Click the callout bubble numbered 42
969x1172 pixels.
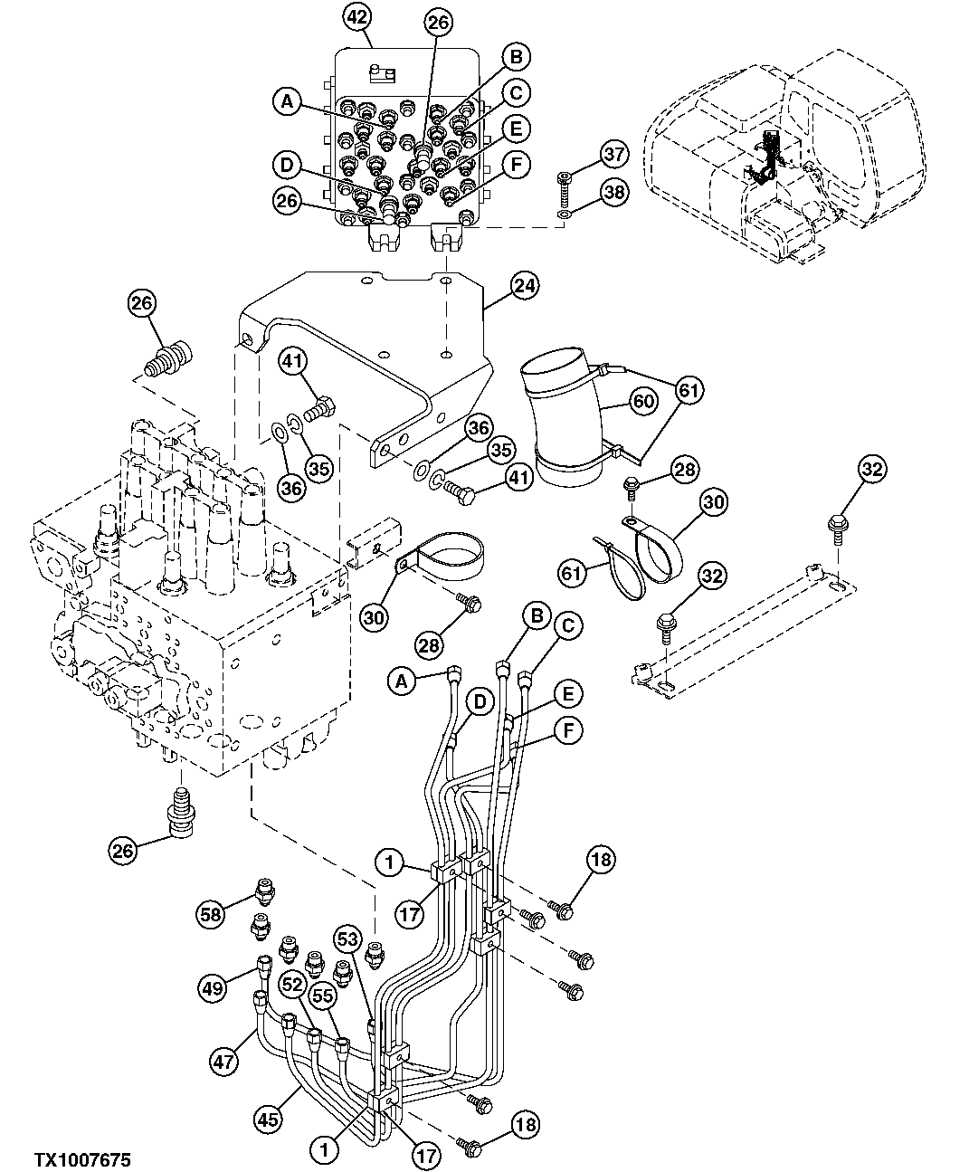coord(358,16)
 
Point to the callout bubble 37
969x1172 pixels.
coord(614,155)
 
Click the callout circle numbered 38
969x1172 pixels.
coord(614,192)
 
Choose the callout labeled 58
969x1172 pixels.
coord(213,915)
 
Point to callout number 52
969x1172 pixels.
coord(290,983)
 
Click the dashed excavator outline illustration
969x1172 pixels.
coord(778,154)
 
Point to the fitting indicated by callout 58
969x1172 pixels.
coord(265,891)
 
